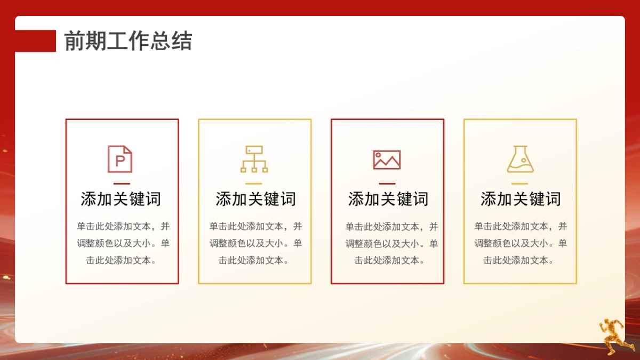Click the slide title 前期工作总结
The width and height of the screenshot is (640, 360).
128,41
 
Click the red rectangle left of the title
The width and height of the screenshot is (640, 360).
35,41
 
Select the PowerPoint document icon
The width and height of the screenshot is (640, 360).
120,159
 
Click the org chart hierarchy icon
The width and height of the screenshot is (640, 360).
254,159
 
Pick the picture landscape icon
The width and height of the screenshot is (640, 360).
387,159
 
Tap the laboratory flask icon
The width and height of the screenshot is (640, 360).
520,159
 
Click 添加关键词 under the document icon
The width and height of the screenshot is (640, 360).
121,199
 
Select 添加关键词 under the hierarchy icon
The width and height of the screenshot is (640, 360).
255,199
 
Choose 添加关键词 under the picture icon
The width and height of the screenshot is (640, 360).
388,199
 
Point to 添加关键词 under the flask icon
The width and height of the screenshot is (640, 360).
521,199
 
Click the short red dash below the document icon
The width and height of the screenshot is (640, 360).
122,183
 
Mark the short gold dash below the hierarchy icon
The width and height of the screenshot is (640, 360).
254,183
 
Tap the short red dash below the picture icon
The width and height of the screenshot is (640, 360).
387,183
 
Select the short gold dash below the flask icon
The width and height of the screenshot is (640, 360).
519,183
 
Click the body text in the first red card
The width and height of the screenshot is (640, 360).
123,243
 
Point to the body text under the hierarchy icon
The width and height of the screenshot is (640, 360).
255,243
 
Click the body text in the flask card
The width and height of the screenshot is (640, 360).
521,243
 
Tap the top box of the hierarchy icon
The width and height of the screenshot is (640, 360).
254,150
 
